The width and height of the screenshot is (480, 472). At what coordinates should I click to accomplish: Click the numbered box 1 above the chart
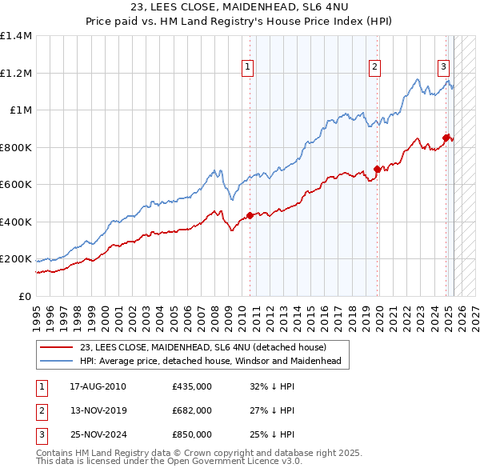tap(249, 68)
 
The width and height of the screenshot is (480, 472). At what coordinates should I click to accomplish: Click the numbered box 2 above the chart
tap(374, 68)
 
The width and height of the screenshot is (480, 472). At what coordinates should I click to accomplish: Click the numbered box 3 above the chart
tap(443, 68)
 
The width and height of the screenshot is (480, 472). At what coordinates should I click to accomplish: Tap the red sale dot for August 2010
tap(250, 215)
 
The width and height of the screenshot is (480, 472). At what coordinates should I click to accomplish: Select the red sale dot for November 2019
tap(377, 170)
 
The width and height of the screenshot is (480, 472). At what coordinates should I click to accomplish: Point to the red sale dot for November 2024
tap(446, 138)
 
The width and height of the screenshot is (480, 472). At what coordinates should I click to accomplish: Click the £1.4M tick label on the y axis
tap(16, 36)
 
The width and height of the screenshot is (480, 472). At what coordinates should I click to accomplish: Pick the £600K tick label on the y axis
tap(16, 184)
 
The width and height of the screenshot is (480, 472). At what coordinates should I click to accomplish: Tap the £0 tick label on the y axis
tap(25, 296)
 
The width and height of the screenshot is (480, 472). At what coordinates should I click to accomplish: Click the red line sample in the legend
tap(57, 348)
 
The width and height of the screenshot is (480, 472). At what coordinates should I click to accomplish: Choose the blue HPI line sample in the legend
tap(57, 362)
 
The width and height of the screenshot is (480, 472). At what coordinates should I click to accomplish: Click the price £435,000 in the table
tap(192, 386)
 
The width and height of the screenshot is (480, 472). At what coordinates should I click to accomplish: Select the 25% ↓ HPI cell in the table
tap(272, 434)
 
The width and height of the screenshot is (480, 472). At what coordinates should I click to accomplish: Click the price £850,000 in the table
tap(192, 434)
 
